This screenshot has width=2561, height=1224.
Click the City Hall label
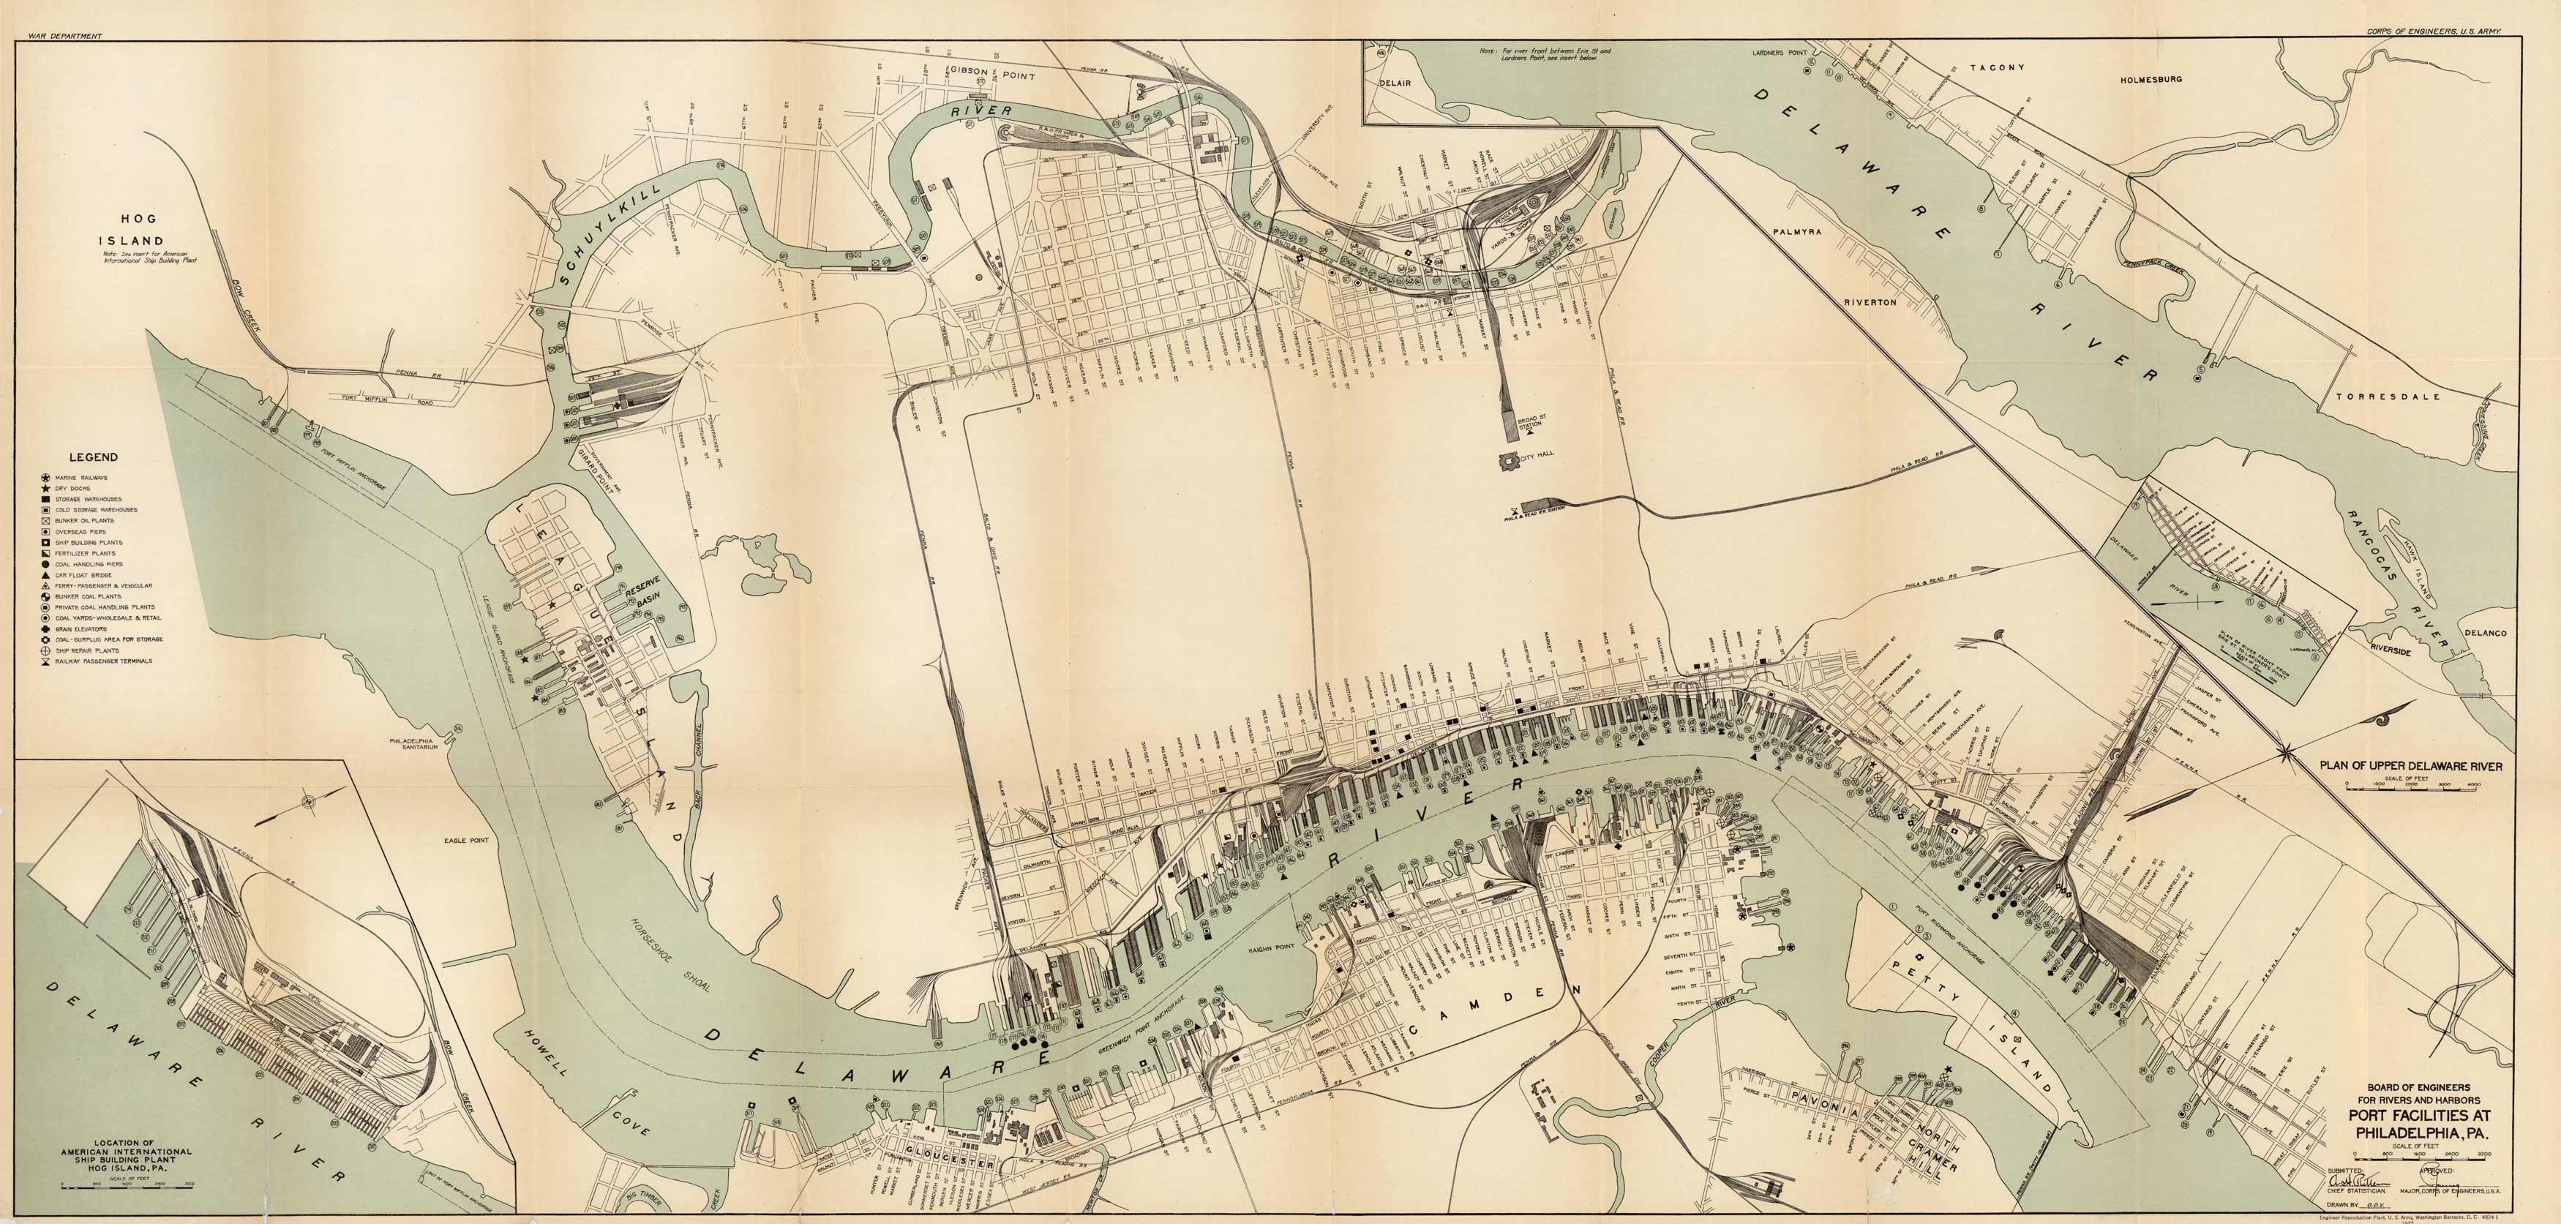click(x=1536, y=455)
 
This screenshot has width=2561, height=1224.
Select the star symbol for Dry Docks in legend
click(x=45, y=488)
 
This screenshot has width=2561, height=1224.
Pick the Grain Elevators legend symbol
click(x=45, y=628)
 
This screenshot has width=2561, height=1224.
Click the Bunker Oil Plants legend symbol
click(x=45, y=520)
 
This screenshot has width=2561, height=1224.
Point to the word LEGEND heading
click(x=94, y=457)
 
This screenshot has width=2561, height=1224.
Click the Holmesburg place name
click(x=2151, y=78)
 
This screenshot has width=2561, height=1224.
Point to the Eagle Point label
click(x=468, y=840)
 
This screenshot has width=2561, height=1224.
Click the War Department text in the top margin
click(x=66, y=36)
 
